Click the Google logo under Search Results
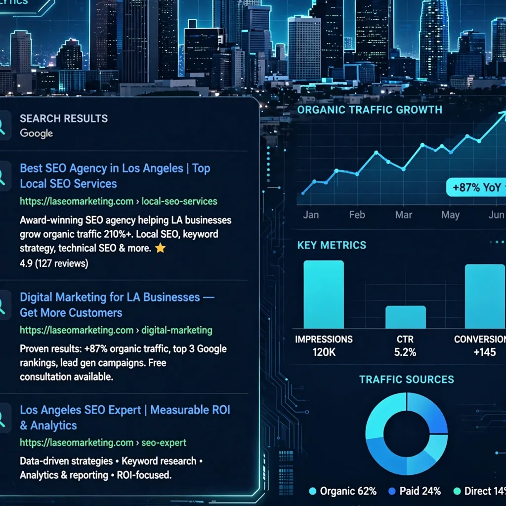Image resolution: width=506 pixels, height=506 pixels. (x=37, y=133)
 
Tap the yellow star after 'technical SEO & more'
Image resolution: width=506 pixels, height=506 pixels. (x=161, y=248)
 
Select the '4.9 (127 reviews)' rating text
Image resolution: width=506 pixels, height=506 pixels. (x=54, y=263)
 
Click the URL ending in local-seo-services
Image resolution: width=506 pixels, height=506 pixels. (x=119, y=202)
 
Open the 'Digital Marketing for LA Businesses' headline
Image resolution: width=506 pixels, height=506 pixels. (x=117, y=305)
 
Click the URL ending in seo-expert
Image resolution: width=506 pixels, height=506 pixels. (x=103, y=443)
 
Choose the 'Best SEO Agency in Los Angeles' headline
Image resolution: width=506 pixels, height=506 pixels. (x=115, y=176)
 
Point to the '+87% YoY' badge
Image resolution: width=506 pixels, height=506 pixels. (x=476, y=187)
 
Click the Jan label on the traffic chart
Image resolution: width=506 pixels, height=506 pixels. (x=311, y=215)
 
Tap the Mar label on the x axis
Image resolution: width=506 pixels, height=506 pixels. (x=404, y=215)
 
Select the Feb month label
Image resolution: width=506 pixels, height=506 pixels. (x=357, y=215)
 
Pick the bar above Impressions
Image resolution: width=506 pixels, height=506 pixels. (x=324, y=295)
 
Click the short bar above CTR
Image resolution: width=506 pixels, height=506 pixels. (x=406, y=317)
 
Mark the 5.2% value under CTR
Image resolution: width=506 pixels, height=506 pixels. (x=405, y=352)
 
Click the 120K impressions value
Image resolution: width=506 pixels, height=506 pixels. (x=324, y=352)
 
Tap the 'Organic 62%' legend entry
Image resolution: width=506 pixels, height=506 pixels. (x=343, y=491)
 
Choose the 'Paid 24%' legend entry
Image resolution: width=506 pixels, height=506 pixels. (x=415, y=491)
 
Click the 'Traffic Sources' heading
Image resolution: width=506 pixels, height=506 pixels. (x=407, y=379)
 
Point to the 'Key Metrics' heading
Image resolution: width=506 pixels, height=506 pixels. (x=332, y=245)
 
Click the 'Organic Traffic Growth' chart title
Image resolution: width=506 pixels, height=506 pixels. (x=370, y=110)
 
